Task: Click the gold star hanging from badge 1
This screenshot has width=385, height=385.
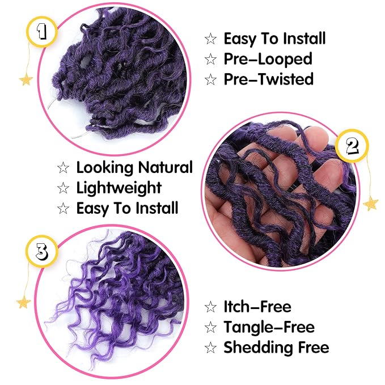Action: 26,79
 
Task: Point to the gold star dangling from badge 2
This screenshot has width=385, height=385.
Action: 370,202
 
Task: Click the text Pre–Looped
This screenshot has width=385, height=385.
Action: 268,58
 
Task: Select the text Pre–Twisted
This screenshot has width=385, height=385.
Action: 268,79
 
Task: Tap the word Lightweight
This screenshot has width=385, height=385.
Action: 119,188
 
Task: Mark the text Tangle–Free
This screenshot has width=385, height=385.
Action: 269,327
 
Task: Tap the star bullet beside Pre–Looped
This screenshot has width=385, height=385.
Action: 210,59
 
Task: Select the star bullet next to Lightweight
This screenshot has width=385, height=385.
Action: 63,188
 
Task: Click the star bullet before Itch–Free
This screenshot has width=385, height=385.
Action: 210,308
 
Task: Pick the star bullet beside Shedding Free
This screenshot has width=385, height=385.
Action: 210,348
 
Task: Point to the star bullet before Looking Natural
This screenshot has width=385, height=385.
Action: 63,168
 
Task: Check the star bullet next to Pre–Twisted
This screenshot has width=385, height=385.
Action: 210,79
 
